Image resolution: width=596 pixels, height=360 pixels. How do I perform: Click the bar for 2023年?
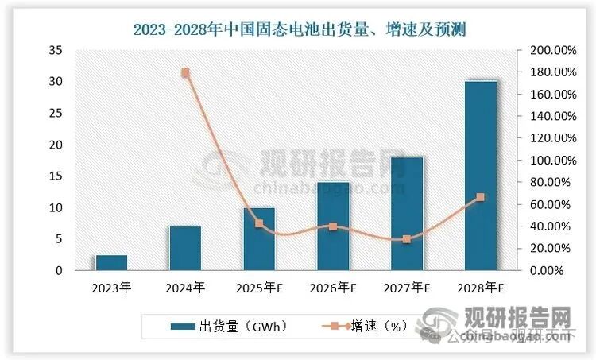111,263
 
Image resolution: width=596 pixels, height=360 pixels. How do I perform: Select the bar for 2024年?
185,249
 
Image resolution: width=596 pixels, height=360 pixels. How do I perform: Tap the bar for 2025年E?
259,239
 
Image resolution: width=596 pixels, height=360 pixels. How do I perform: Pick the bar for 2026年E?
333,226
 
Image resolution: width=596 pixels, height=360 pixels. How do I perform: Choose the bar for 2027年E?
407,214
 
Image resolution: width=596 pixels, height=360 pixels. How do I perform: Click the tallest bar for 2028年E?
481,176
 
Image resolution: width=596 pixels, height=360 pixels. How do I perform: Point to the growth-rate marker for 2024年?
185,73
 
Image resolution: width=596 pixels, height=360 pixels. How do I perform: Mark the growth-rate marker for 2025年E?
259,224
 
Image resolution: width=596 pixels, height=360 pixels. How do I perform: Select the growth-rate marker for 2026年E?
333,226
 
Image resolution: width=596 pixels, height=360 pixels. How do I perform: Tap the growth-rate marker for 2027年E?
407,239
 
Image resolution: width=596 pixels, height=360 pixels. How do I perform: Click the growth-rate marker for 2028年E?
481,197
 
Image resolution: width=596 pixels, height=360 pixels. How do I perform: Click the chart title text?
298,31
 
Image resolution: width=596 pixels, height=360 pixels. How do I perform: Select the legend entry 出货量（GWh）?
227,326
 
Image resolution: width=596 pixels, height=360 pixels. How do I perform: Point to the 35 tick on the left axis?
55,50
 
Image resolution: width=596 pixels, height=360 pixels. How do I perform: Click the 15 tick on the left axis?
55,176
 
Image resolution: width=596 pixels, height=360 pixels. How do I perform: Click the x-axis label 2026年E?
333,287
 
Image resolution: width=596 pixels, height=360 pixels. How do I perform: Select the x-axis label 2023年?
111,287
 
